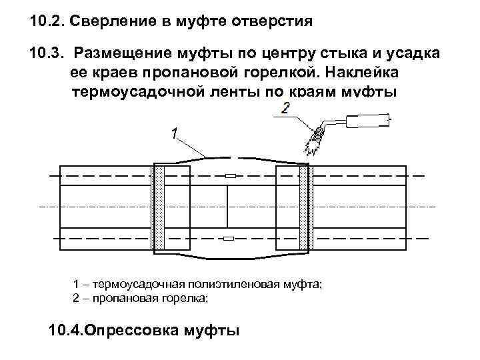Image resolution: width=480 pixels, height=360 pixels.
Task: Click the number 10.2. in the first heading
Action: click(48, 22)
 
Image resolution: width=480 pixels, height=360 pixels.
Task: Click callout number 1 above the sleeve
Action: click(174, 134)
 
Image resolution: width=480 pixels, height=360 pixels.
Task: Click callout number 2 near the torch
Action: click(285, 108)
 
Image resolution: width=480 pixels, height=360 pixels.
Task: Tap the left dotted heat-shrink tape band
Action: click(160, 207)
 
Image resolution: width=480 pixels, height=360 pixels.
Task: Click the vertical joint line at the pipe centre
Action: click(228, 207)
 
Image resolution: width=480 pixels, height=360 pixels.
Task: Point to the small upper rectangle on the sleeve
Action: click(231, 176)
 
